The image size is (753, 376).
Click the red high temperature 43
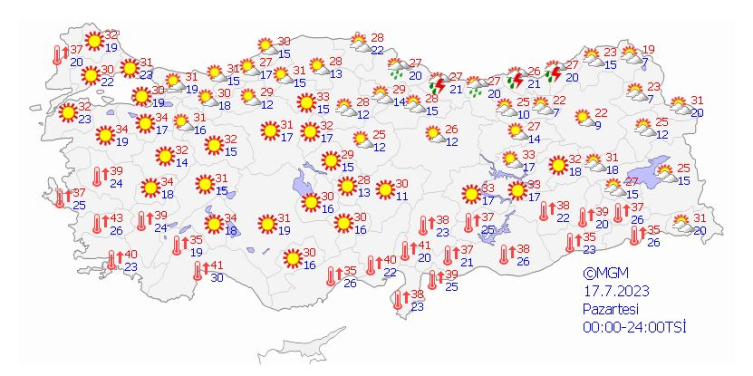tap(115, 219)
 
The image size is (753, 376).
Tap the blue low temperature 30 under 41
tap(216, 278)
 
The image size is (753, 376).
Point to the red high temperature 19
tap(648, 50)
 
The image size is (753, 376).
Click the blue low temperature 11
tap(400, 196)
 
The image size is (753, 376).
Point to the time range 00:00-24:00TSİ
tap(634, 327)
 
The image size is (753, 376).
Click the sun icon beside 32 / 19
tap(94, 41)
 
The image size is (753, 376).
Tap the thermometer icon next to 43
tap(98, 224)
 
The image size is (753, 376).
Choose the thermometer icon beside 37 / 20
tap(57, 54)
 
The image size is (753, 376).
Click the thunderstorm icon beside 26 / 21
tap(516, 79)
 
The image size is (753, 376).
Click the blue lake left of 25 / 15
tap(660, 168)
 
